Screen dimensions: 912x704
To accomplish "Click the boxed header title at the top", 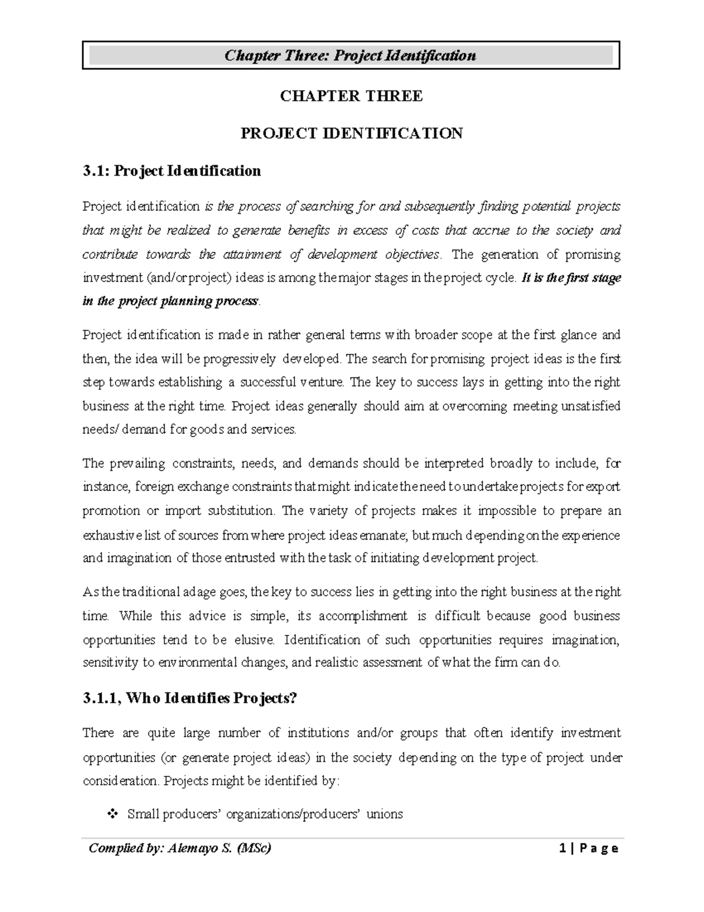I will coord(350,56).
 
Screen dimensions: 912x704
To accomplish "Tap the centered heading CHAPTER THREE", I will coord(351,96).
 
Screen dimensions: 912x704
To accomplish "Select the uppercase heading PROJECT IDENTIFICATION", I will coord(351,134).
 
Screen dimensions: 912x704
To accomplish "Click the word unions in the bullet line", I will coord(385,815).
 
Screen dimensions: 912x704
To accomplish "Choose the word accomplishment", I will coord(363,616).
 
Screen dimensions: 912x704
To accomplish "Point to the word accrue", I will coord(490,230).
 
